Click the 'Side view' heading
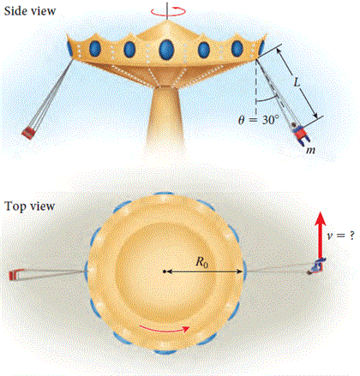tap(30, 11)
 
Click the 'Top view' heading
tap(29, 206)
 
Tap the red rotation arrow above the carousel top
tap(168, 11)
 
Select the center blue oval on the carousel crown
tap(166, 49)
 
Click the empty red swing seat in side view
tap(29, 133)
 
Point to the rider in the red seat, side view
tap(300, 133)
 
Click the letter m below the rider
tap(310, 150)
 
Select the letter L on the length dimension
tap(297, 82)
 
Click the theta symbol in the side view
tap(242, 120)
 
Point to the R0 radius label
tap(201, 262)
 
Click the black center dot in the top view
tap(165, 272)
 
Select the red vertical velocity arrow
tap(321, 236)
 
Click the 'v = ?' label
tap(341, 236)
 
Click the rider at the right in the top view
tap(316, 266)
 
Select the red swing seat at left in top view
tap(15, 275)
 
